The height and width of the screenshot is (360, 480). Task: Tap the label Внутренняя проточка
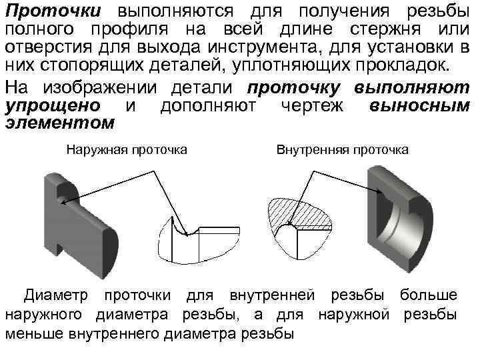tap(343, 150)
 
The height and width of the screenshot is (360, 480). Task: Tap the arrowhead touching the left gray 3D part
tap(61, 202)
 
